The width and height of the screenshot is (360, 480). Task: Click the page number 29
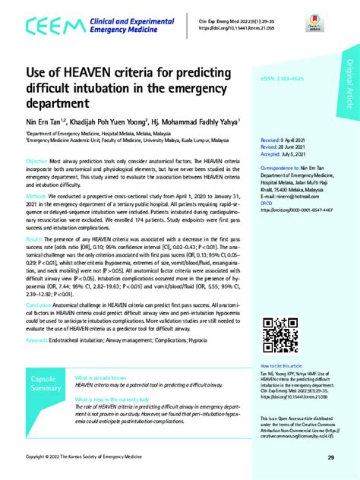coord(331,457)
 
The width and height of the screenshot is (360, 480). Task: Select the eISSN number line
coord(281,99)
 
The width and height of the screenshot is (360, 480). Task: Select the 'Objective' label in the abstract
coord(37,163)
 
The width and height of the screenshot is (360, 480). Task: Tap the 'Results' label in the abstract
coord(36,238)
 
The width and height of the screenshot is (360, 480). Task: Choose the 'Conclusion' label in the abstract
coord(39,305)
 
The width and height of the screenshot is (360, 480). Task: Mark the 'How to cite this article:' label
coord(286,366)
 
